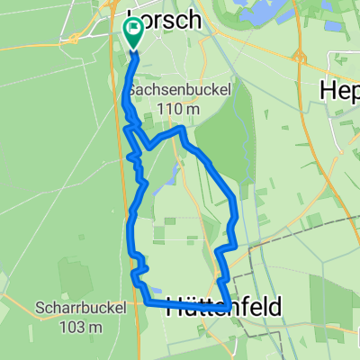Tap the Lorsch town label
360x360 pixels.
[170, 21]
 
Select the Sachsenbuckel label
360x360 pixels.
[178, 91]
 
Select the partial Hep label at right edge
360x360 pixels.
[341, 90]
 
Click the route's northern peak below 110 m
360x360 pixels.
[182, 130]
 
